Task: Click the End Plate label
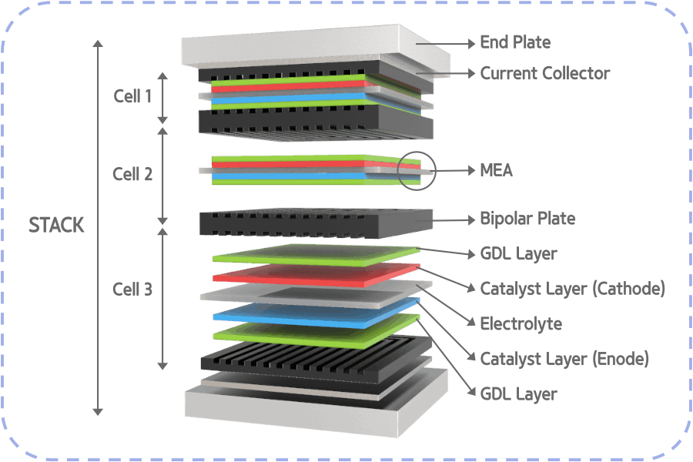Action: (515, 42)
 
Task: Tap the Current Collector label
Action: (544, 74)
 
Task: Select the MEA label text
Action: (496, 169)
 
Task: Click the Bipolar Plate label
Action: (527, 219)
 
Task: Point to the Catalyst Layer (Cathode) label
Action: (571, 289)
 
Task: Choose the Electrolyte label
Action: (521, 323)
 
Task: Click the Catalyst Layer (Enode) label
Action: (564, 359)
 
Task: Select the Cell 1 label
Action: (132, 97)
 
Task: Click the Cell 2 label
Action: (132, 174)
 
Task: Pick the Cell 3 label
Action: (132, 290)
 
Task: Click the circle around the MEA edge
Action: (417, 170)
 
